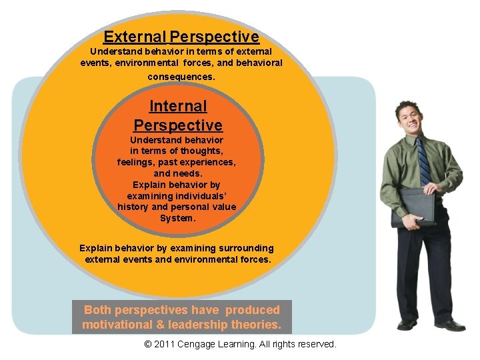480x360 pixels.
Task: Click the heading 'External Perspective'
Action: [x=181, y=37]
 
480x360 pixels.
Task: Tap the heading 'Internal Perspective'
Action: [x=178, y=115]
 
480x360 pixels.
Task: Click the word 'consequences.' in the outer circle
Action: [x=181, y=77]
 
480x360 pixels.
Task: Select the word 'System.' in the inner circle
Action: [x=177, y=218]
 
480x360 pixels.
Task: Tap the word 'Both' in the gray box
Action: [x=98, y=310]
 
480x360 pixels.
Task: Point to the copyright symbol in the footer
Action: [x=148, y=345]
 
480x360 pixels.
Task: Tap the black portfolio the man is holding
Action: [x=413, y=207]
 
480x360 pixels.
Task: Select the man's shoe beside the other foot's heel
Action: [x=449, y=325]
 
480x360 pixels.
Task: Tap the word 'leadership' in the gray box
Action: [x=199, y=325]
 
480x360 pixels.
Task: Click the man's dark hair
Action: [x=405, y=106]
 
